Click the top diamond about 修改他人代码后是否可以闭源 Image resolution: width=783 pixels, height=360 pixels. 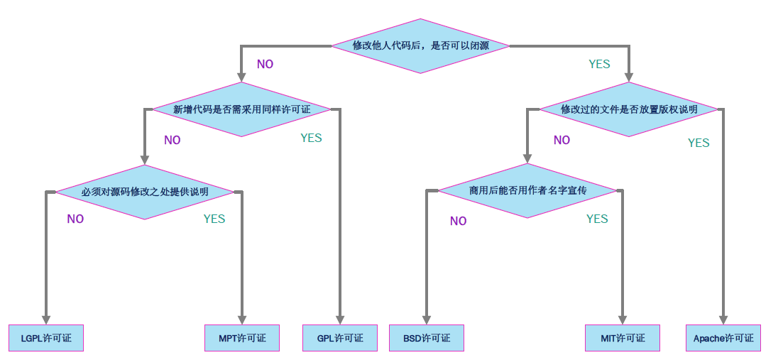click(x=420, y=45)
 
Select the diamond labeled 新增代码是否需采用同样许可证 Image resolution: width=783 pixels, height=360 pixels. click(x=241, y=109)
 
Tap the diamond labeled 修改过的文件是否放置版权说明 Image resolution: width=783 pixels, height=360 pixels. click(x=628, y=109)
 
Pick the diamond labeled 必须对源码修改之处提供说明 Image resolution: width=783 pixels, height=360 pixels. click(x=145, y=192)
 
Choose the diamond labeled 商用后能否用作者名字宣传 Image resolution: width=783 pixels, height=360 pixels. click(x=527, y=190)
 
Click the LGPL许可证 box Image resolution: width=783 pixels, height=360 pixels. click(x=46, y=338)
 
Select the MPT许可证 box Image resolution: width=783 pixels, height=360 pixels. click(x=242, y=338)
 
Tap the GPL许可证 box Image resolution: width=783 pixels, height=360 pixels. click(x=340, y=338)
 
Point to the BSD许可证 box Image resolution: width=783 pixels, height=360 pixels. click(x=427, y=338)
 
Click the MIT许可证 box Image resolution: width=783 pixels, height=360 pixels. click(x=623, y=338)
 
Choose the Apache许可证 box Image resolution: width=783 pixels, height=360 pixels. click(x=723, y=338)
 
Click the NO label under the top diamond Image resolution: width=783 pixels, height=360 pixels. click(x=265, y=64)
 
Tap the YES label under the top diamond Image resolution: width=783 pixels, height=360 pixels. click(x=599, y=64)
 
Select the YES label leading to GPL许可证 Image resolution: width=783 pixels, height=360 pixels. click(x=311, y=138)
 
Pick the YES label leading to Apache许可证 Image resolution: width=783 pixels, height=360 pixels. click(x=699, y=143)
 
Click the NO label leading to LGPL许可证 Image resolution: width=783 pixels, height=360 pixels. click(x=75, y=219)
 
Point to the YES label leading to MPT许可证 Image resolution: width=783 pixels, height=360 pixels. click(x=214, y=219)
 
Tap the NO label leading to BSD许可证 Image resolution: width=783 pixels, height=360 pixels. click(x=458, y=221)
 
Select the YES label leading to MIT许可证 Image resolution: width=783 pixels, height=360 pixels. click(x=597, y=219)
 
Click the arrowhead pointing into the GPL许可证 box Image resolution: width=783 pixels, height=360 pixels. click(x=340, y=320)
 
